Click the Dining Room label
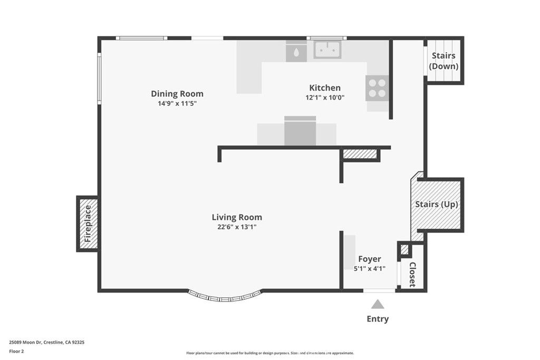(177, 94)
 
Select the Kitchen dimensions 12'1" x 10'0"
(325, 98)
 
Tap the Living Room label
(237, 217)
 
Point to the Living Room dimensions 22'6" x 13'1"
(237, 227)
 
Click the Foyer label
(369, 259)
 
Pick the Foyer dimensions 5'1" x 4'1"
(369, 269)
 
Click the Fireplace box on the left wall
(88, 223)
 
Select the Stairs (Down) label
(443, 61)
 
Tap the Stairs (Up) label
(437, 205)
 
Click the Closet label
(412, 274)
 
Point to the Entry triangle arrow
(378, 304)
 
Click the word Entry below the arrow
(378, 319)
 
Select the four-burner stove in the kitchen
(377, 88)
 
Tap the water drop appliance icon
(296, 52)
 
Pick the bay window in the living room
(225, 296)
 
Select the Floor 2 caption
(17, 351)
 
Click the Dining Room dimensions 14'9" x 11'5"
(177, 103)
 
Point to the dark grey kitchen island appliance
(300, 131)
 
